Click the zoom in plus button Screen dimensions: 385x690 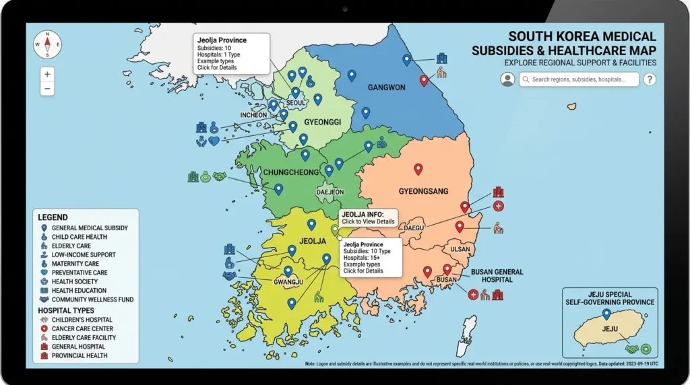(x=47, y=74)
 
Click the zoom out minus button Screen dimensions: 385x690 (x=47, y=89)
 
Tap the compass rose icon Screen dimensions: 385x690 (x=47, y=44)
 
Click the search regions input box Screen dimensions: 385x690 (x=579, y=79)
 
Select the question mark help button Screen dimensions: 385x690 (x=650, y=79)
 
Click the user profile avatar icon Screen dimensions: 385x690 (x=507, y=79)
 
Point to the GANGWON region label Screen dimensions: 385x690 (x=386, y=87)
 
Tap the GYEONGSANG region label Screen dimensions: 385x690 (x=423, y=191)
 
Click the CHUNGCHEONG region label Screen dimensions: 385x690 (x=290, y=172)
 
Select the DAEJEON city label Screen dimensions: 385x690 (x=330, y=192)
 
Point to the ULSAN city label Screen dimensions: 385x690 (x=460, y=249)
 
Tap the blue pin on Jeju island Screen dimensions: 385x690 (x=606, y=314)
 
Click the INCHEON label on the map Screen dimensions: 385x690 (x=253, y=115)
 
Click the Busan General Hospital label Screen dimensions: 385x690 (x=497, y=275)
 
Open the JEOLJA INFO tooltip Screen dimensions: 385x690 (x=368, y=217)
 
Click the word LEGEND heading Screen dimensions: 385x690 (x=53, y=217)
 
